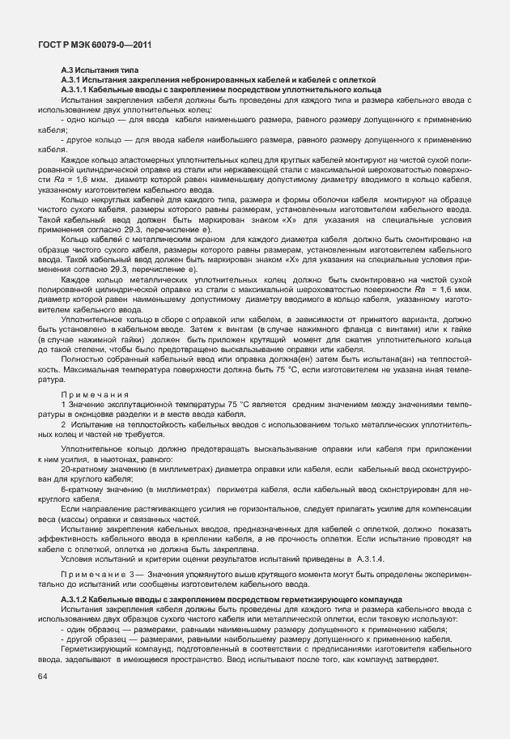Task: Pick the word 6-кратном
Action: (x=82, y=490)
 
